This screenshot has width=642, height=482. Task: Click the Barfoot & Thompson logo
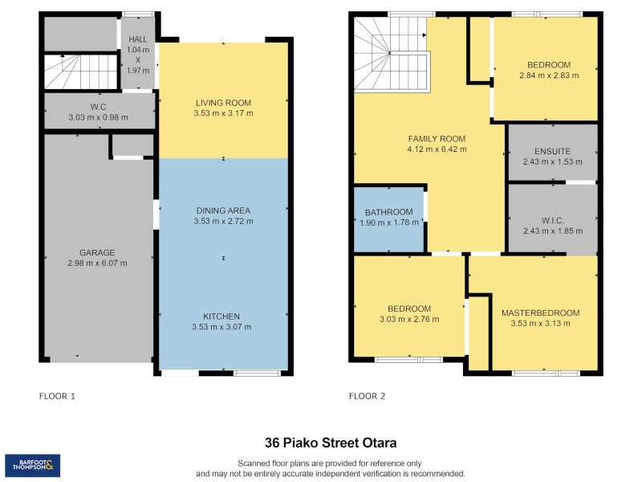32,465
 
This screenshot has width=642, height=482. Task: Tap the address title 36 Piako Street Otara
331,443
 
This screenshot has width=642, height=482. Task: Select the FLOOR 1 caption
57,396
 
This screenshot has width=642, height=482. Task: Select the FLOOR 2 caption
367,396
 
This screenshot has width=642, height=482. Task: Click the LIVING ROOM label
223,103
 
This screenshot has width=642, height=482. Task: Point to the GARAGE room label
97,252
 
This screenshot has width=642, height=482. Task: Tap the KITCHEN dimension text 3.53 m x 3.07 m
221,327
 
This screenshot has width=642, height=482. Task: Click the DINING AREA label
223,210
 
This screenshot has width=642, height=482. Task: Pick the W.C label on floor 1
98,107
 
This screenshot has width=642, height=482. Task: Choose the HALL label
137,39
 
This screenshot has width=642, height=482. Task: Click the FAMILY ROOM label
437,139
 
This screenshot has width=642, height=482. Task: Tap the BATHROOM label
388,212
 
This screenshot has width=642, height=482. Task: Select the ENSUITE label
552,151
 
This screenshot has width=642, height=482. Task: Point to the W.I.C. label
553,220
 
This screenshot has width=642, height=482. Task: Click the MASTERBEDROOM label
540,312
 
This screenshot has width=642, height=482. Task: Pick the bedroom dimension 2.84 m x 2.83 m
549,76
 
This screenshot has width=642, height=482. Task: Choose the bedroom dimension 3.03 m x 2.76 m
409,319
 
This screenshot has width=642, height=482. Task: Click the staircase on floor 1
81,71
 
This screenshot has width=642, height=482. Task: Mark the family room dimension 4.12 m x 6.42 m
437,149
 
